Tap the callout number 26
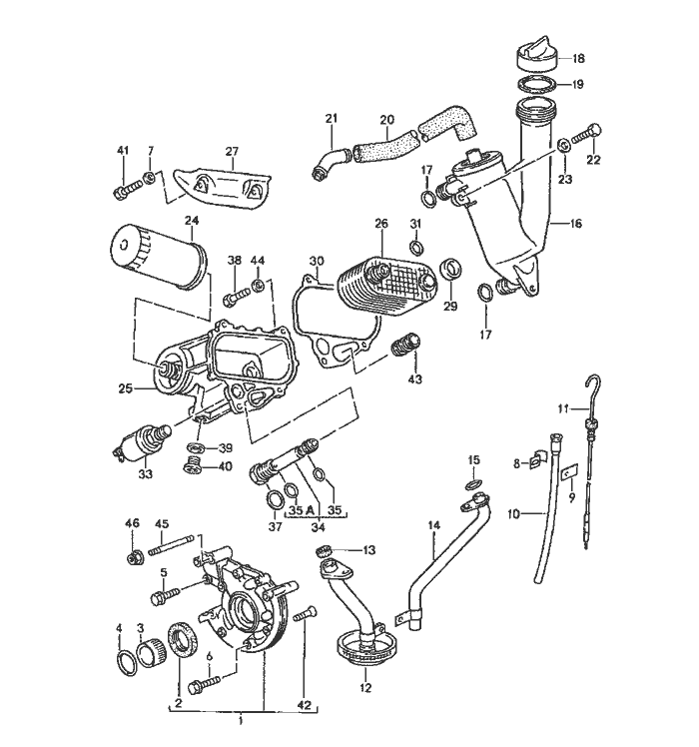click(379, 223)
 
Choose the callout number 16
click(575, 226)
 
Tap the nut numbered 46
click(132, 556)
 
